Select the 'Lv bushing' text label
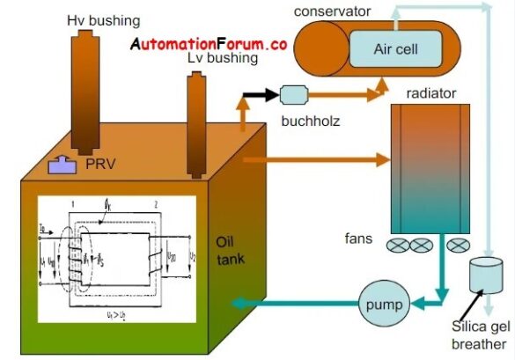pos(222,59)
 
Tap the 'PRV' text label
pos(99,164)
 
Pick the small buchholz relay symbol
pos(291,92)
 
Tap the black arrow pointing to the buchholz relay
pos(263,92)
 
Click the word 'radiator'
pos(430,92)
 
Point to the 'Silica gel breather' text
pos(479,336)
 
